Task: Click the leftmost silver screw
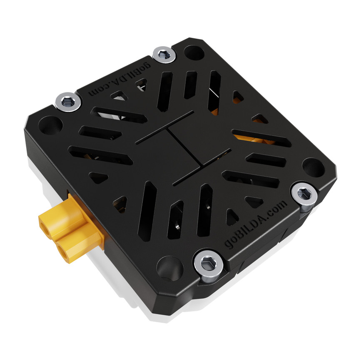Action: point(68,101)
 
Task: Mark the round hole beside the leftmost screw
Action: point(50,124)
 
